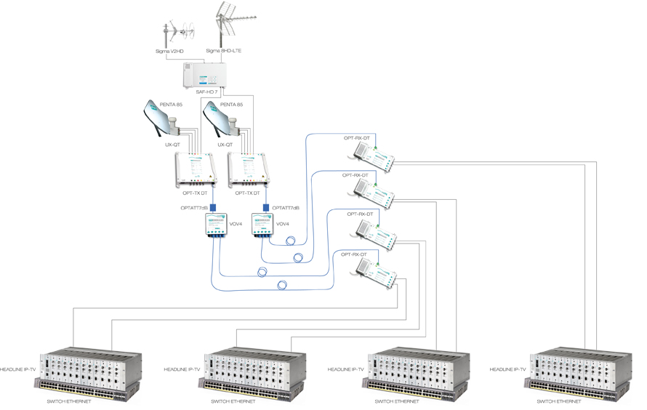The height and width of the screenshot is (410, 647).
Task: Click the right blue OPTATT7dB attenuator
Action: pos(266,208)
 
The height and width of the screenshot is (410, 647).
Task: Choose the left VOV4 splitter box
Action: pos(216,225)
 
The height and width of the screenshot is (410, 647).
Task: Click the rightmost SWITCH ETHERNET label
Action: pos(559,401)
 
